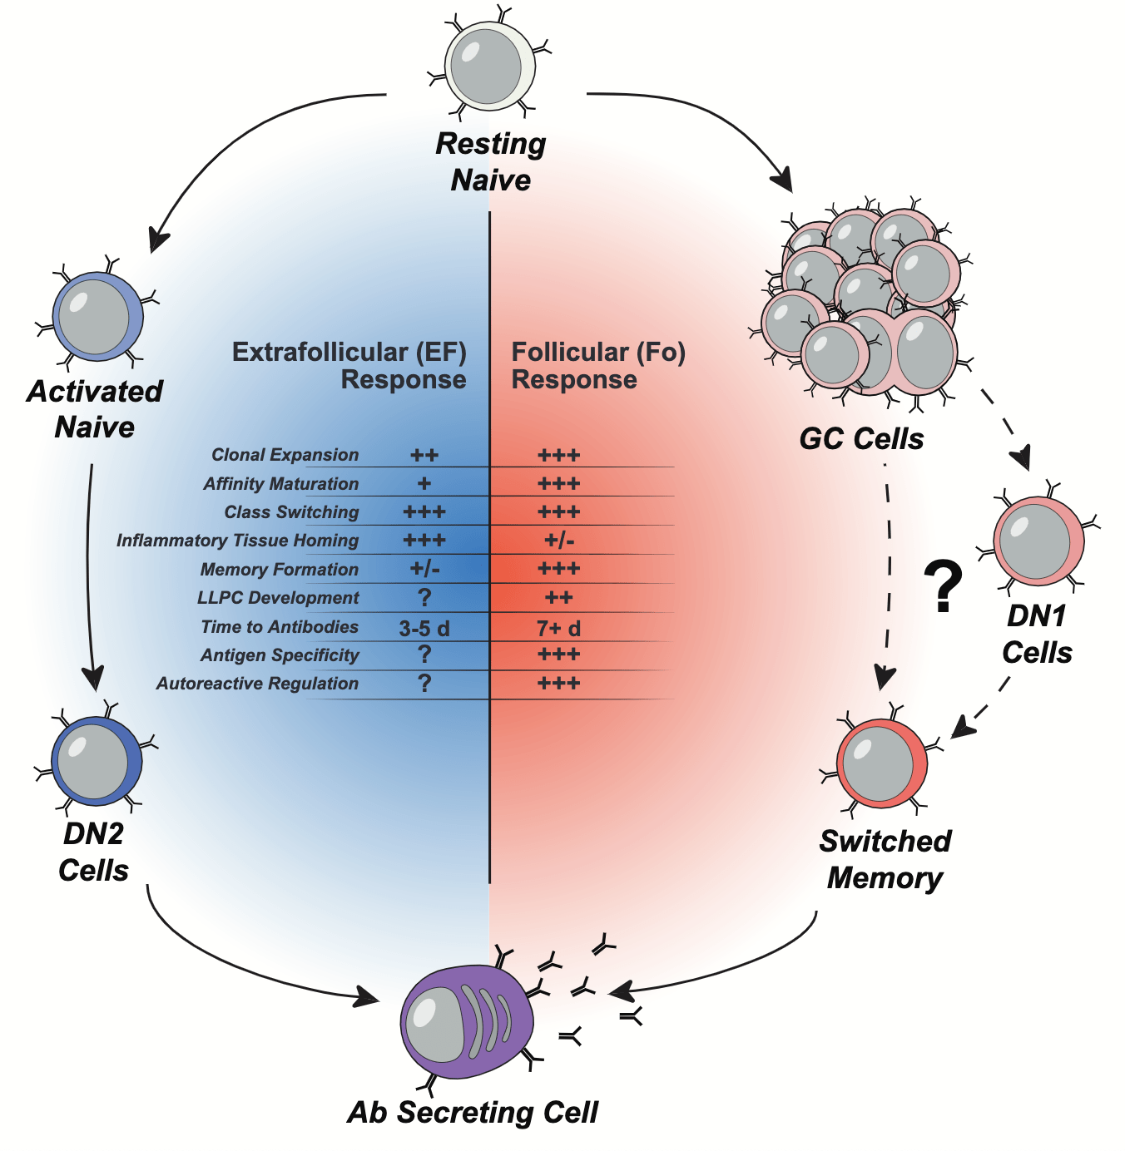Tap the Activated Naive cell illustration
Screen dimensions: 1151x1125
[x=97, y=317]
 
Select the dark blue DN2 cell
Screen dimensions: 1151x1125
[x=96, y=761]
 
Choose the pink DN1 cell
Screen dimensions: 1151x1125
[x=1038, y=541]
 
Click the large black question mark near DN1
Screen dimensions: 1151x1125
[x=943, y=587]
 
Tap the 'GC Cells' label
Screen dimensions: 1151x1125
[x=861, y=438]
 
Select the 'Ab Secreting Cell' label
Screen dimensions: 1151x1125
[x=473, y=1112]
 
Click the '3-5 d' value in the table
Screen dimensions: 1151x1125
[x=424, y=628]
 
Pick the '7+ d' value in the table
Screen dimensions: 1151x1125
[x=558, y=628]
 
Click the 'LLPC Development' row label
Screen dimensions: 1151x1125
[x=278, y=598]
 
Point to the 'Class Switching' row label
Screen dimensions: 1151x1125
[x=291, y=512]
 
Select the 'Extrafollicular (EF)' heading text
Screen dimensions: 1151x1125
[x=349, y=353]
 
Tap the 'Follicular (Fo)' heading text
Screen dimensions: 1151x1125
[x=598, y=353]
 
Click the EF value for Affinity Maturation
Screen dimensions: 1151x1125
[x=424, y=483]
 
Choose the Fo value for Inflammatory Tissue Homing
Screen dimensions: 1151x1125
[x=559, y=541]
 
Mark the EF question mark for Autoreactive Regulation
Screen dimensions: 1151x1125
[x=424, y=683]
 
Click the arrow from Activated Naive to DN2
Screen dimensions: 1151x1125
[x=89, y=574]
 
